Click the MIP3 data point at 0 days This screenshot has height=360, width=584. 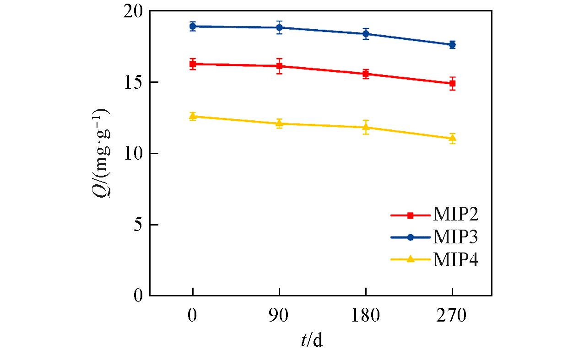193,27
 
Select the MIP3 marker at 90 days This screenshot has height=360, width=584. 279,27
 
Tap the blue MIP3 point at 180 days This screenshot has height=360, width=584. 366,34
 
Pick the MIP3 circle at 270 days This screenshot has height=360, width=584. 452,44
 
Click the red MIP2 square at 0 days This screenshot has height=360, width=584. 193,64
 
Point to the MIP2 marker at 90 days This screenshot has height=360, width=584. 279,66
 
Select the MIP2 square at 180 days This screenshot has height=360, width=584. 366,74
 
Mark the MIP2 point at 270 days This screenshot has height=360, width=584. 452,83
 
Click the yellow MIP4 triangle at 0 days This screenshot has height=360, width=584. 193,116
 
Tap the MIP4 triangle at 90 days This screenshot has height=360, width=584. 279,124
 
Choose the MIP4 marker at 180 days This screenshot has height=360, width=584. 366,127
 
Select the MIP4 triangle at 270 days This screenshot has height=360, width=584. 452,138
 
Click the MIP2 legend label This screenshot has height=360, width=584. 456,215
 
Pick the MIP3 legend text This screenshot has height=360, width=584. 456,237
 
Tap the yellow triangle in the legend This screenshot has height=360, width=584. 410,259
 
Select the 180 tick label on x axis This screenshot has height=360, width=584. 366,316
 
